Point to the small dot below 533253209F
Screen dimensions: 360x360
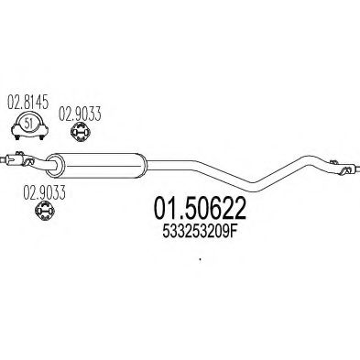199,262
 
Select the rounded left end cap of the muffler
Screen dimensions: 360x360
52,164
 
